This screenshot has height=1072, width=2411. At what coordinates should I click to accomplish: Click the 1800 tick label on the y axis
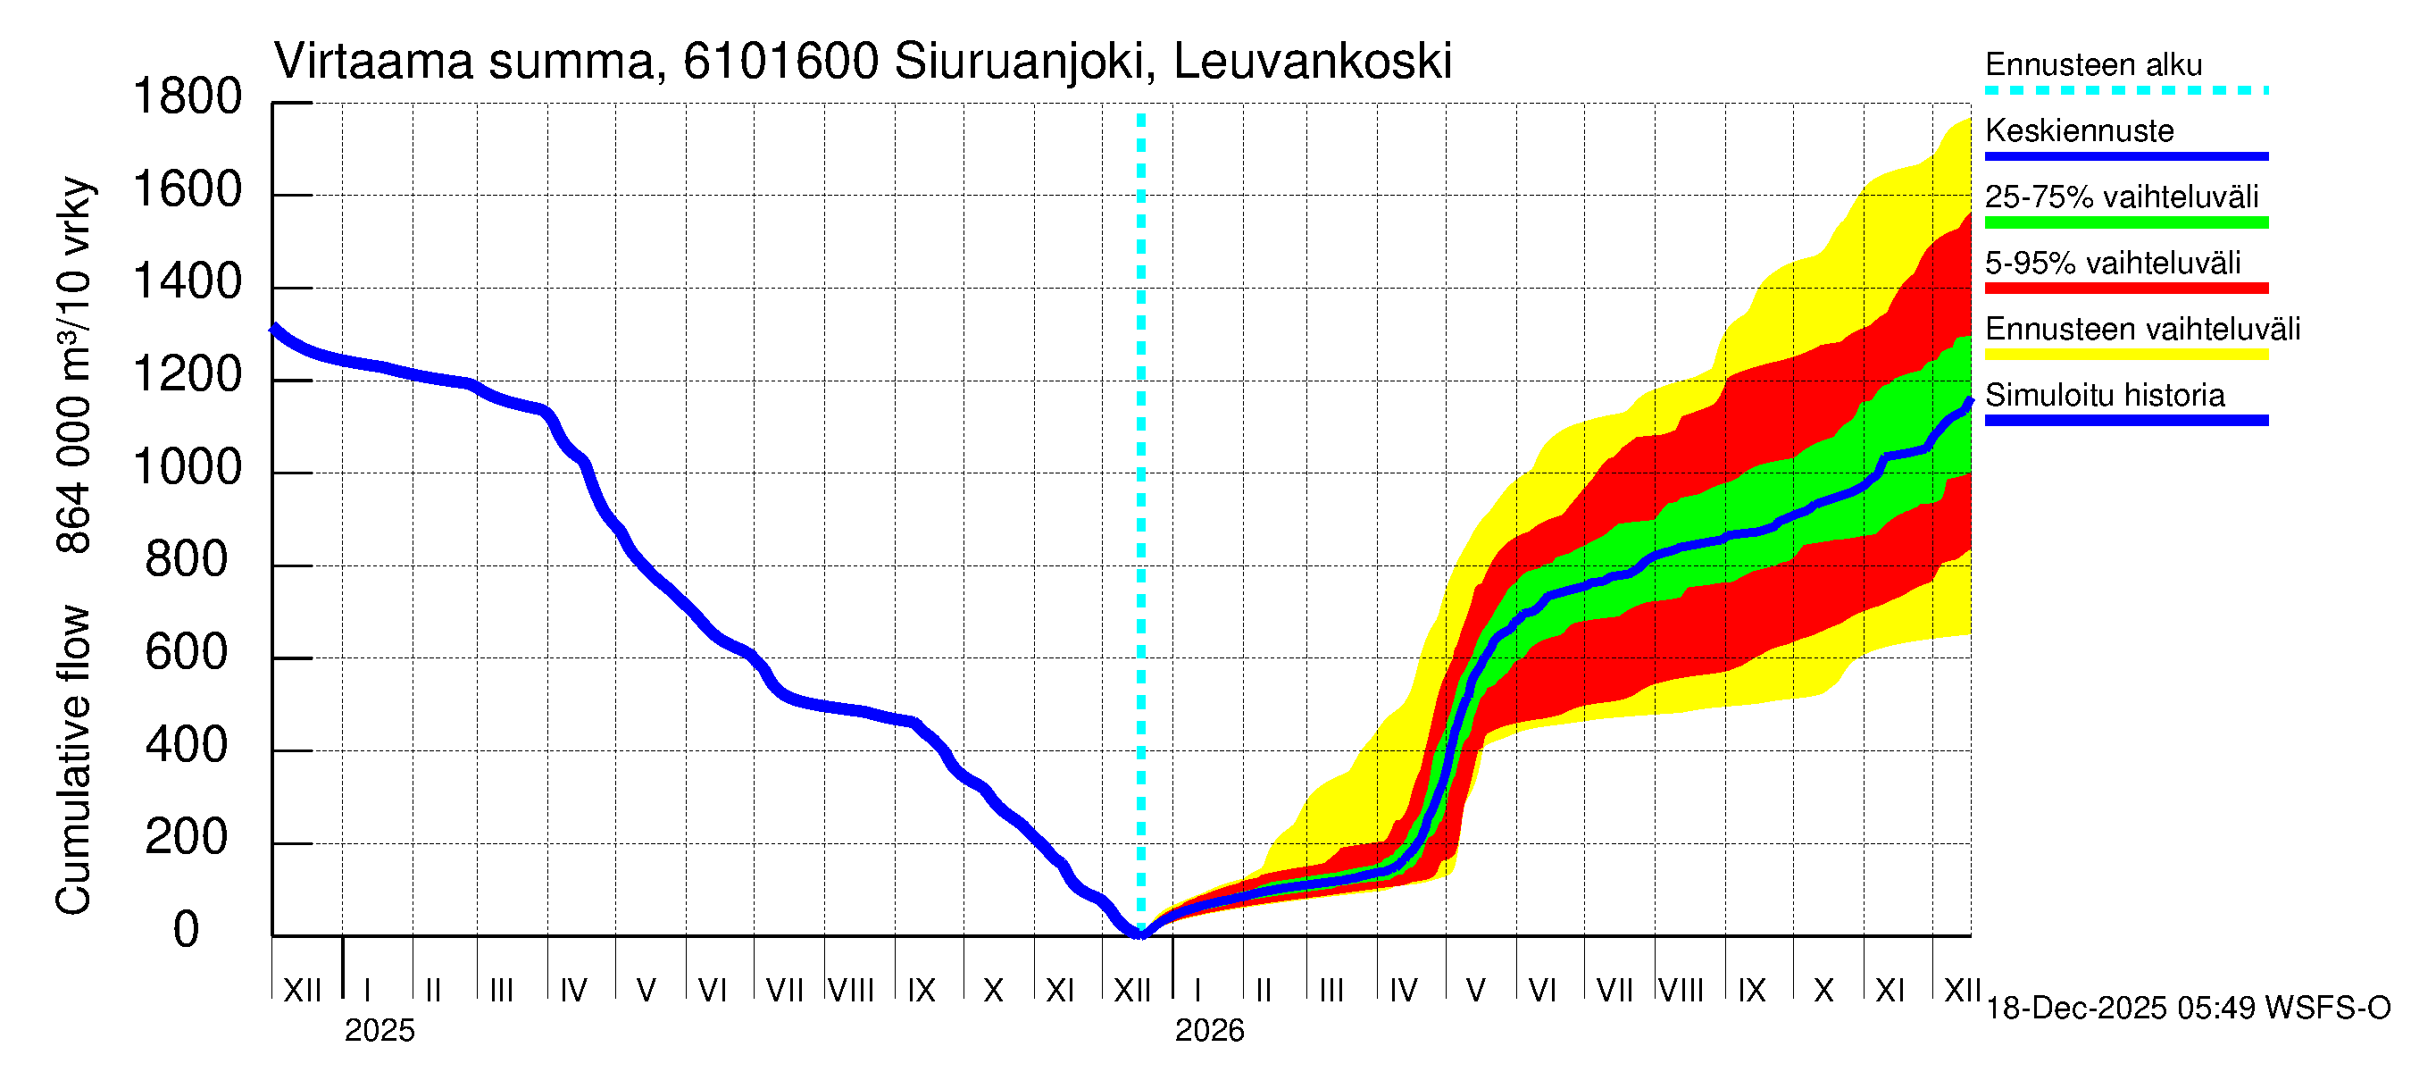pos(188,97)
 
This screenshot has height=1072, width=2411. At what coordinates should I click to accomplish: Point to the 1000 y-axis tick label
pos(188,468)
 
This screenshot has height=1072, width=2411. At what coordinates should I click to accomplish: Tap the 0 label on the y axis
pos(187,931)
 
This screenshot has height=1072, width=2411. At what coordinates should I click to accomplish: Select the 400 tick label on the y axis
pos(187,746)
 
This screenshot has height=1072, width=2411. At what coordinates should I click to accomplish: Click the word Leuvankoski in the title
pos(1312,62)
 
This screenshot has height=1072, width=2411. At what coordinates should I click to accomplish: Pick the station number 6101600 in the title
pos(780,62)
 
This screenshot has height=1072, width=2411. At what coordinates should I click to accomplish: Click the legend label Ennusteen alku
pos(2093,65)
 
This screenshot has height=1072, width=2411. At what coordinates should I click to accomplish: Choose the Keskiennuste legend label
pos(2079,131)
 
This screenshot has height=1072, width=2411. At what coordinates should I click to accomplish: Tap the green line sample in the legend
pos(2125,222)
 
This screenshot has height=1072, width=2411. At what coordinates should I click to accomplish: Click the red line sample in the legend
pos(2125,289)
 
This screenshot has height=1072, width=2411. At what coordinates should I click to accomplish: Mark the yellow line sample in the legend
pos(2125,354)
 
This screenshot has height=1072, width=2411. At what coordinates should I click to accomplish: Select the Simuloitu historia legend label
pos(2104,396)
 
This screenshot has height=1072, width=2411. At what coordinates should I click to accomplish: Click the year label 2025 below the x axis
pos(379,1031)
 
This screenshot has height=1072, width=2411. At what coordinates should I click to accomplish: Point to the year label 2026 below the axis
pos(1209,1031)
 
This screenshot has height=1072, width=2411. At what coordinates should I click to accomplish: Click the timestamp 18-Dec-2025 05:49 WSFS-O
pos(2187,1009)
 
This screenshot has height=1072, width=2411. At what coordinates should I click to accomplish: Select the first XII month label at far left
pos(302,990)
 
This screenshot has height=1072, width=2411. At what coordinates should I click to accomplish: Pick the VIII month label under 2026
pos(1681,990)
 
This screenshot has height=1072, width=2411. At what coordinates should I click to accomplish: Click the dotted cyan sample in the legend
pos(2125,91)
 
